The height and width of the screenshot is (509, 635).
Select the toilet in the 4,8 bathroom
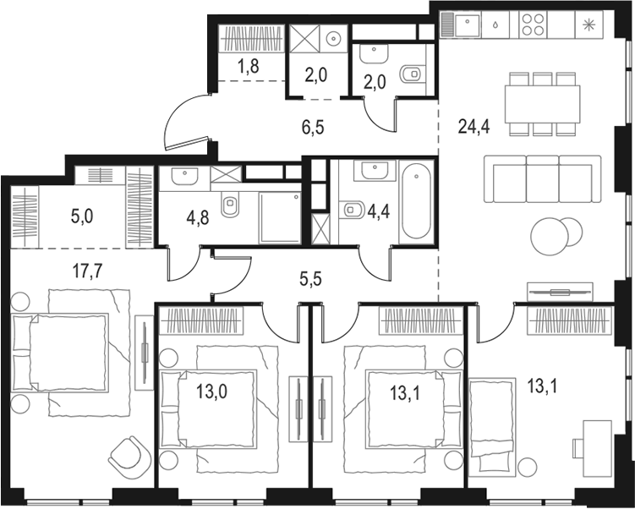228,205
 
